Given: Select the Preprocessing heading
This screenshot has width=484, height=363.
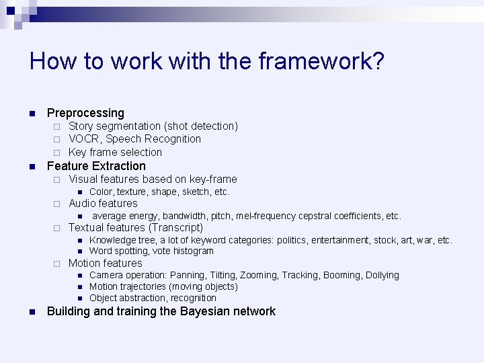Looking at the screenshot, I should click(x=85, y=113).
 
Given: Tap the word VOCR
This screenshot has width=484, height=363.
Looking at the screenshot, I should click(x=84, y=139).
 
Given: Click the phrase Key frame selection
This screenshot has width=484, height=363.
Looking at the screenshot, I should click(x=115, y=153).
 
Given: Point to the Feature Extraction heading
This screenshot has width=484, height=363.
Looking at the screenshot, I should click(x=96, y=166).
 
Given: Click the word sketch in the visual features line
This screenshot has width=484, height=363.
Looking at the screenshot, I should click(x=198, y=192).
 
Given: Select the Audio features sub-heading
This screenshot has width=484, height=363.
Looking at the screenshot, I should click(x=103, y=204).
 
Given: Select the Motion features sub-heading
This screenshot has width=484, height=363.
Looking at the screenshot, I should click(x=106, y=264).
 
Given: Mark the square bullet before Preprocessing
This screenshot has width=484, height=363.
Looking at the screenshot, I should click(x=32, y=114).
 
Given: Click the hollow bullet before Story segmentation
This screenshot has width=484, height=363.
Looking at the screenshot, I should click(x=58, y=126).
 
